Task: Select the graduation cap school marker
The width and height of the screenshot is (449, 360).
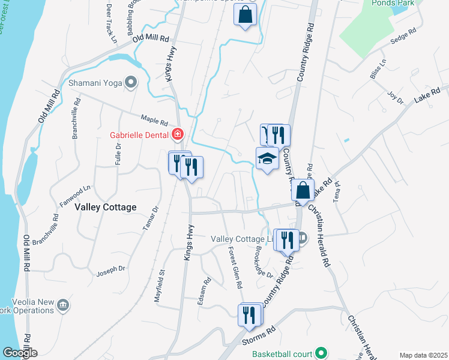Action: point(267,158)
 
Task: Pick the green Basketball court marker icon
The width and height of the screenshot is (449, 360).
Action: point(321,353)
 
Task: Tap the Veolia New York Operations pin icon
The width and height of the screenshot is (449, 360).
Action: point(62,306)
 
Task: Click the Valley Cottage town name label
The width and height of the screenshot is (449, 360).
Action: point(106,207)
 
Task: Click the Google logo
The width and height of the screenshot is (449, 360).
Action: point(19,353)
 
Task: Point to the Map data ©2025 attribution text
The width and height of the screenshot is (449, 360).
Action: point(423,355)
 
